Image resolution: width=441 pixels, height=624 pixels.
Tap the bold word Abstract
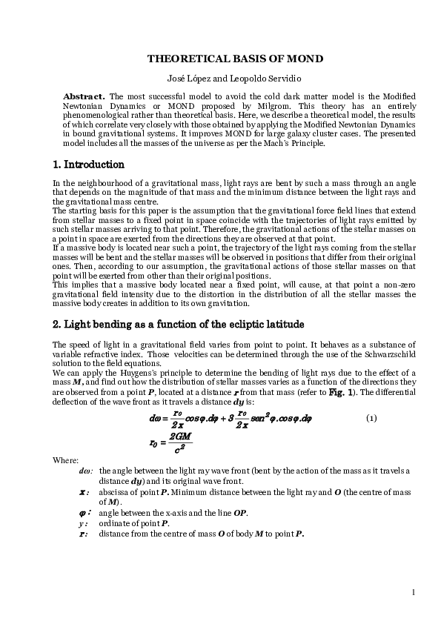(82, 97)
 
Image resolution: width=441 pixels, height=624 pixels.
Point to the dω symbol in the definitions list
(85, 470)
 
